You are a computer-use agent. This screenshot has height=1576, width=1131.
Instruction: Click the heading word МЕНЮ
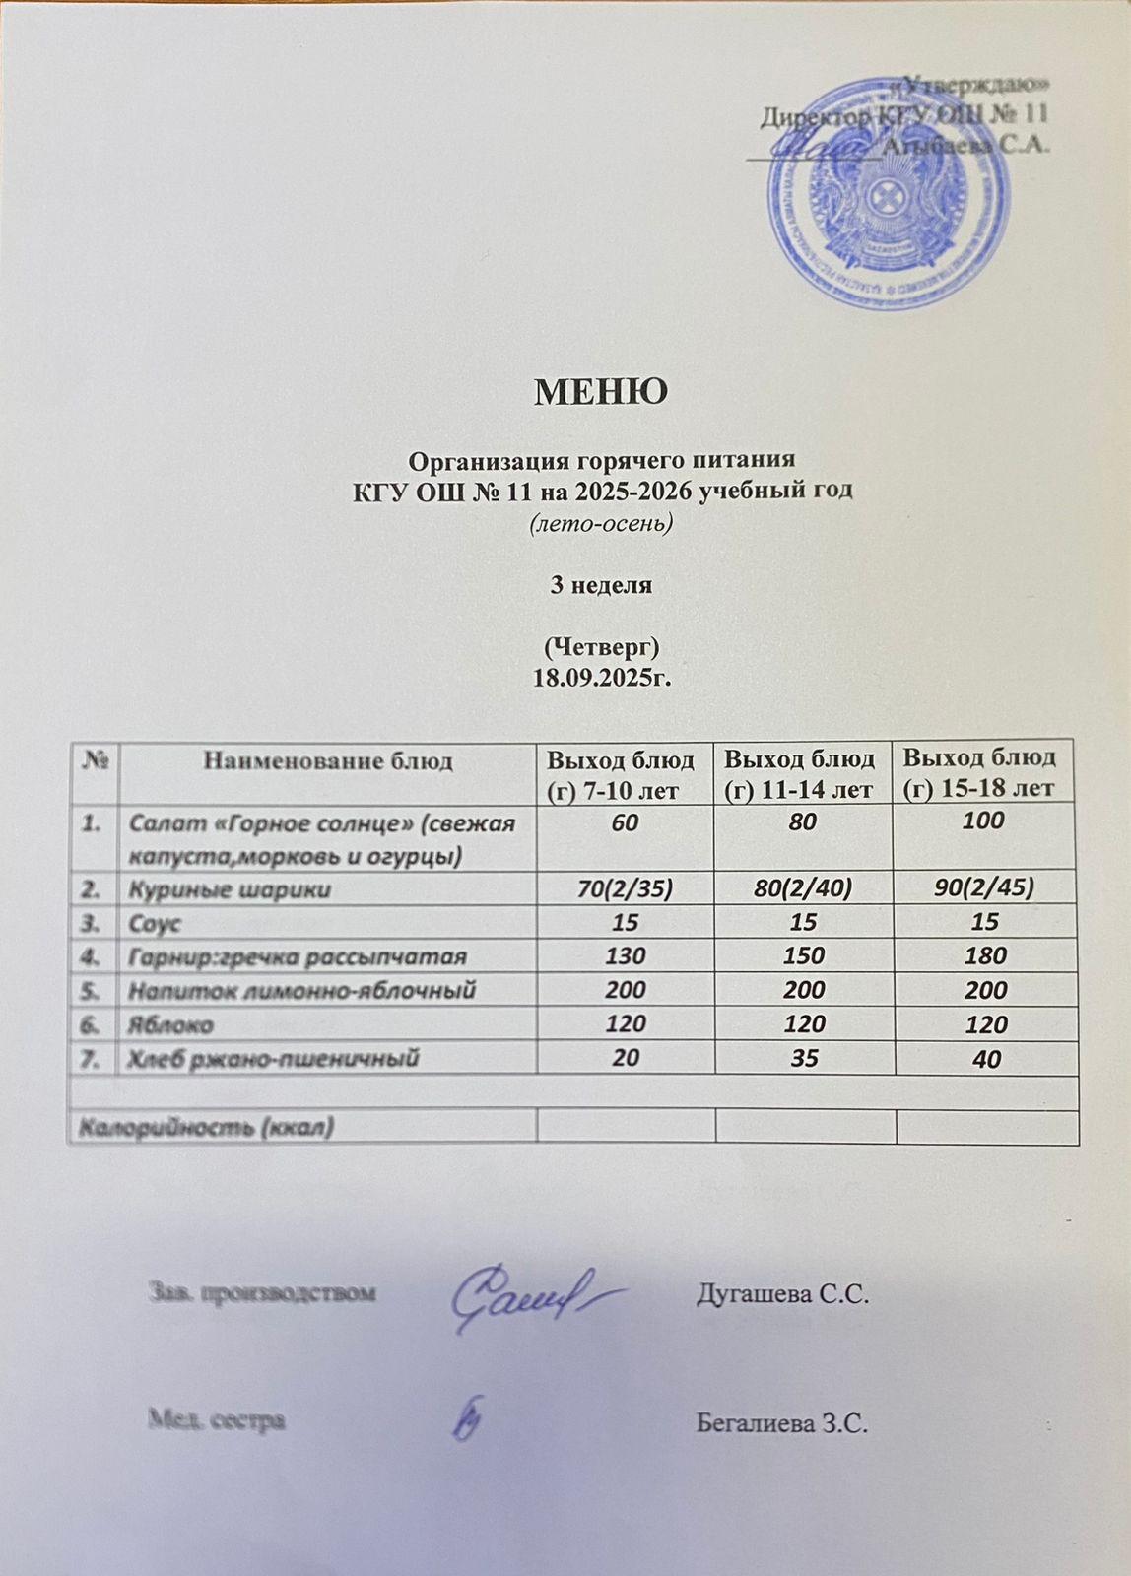pyautogui.click(x=601, y=391)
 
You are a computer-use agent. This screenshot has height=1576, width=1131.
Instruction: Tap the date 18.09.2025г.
pyautogui.click(x=601, y=678)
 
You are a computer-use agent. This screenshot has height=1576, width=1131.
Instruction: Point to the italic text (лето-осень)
pyautogui.click(x=601, y=524)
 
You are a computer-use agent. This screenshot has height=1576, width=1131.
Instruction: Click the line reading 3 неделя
pyautogui.click(x=601, y=585)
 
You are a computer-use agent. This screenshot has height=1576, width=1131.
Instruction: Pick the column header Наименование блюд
pyautogui.click(x=328, y=760)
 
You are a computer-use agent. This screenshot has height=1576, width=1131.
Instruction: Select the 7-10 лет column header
pyautogui.click(x=622, y=774)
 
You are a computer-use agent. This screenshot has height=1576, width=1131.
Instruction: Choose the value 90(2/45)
pyautogui.click(x=987, y=889)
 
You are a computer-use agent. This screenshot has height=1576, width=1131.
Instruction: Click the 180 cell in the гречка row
pyautogui.click(x=987, y=955)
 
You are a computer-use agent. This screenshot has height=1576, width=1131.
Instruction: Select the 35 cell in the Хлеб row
pyautogui.click(x=804, y=1059)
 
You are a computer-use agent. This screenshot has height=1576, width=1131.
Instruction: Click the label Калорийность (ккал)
pyautogui.click(x=206, y=1127)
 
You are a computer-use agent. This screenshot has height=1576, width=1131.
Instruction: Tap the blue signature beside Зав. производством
pyautogui.click(x=527, y=1298)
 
